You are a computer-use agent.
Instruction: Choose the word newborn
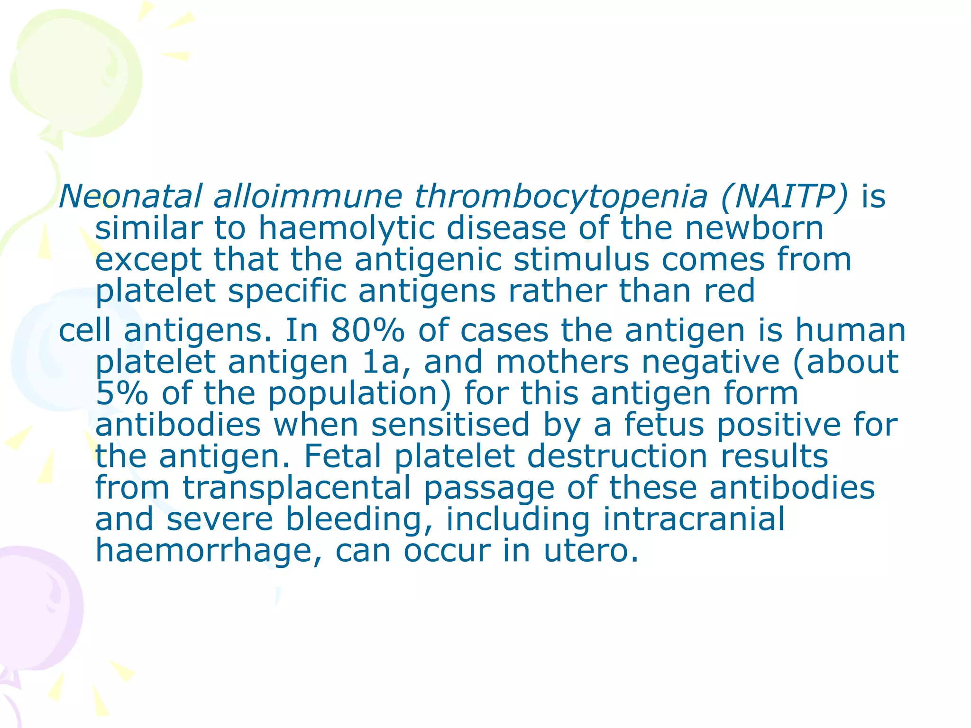[x=754, y=228]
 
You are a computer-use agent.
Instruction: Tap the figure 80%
[x=368, y=330]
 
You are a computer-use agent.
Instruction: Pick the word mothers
[x=562, y=362]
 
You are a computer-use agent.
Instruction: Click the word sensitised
[x=450, y=425]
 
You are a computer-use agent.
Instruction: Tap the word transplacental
[x=297, y=488]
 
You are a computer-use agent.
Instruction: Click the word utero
[x=590, y=551]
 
